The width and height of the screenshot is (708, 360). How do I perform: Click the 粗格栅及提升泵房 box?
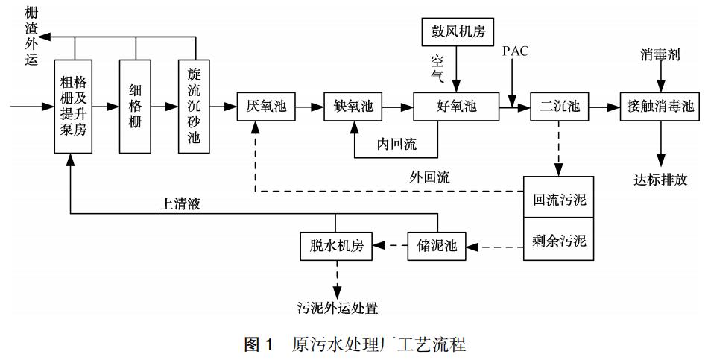point(73,106)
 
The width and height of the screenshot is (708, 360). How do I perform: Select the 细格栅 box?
point(135,106)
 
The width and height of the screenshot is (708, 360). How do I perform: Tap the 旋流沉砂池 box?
point(195,106)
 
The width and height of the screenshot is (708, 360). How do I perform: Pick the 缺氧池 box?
point(353,107)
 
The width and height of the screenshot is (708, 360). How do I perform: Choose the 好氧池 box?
point(455,107)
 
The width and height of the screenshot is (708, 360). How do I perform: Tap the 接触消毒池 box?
point(660,107)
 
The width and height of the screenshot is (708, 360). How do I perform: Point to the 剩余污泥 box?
point(560,241)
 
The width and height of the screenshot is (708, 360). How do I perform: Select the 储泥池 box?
point(437,245)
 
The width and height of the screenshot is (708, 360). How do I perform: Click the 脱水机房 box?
point(335,245)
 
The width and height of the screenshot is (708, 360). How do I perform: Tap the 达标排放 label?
point(660,179)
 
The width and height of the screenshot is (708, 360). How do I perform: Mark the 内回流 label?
point(396,145)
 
